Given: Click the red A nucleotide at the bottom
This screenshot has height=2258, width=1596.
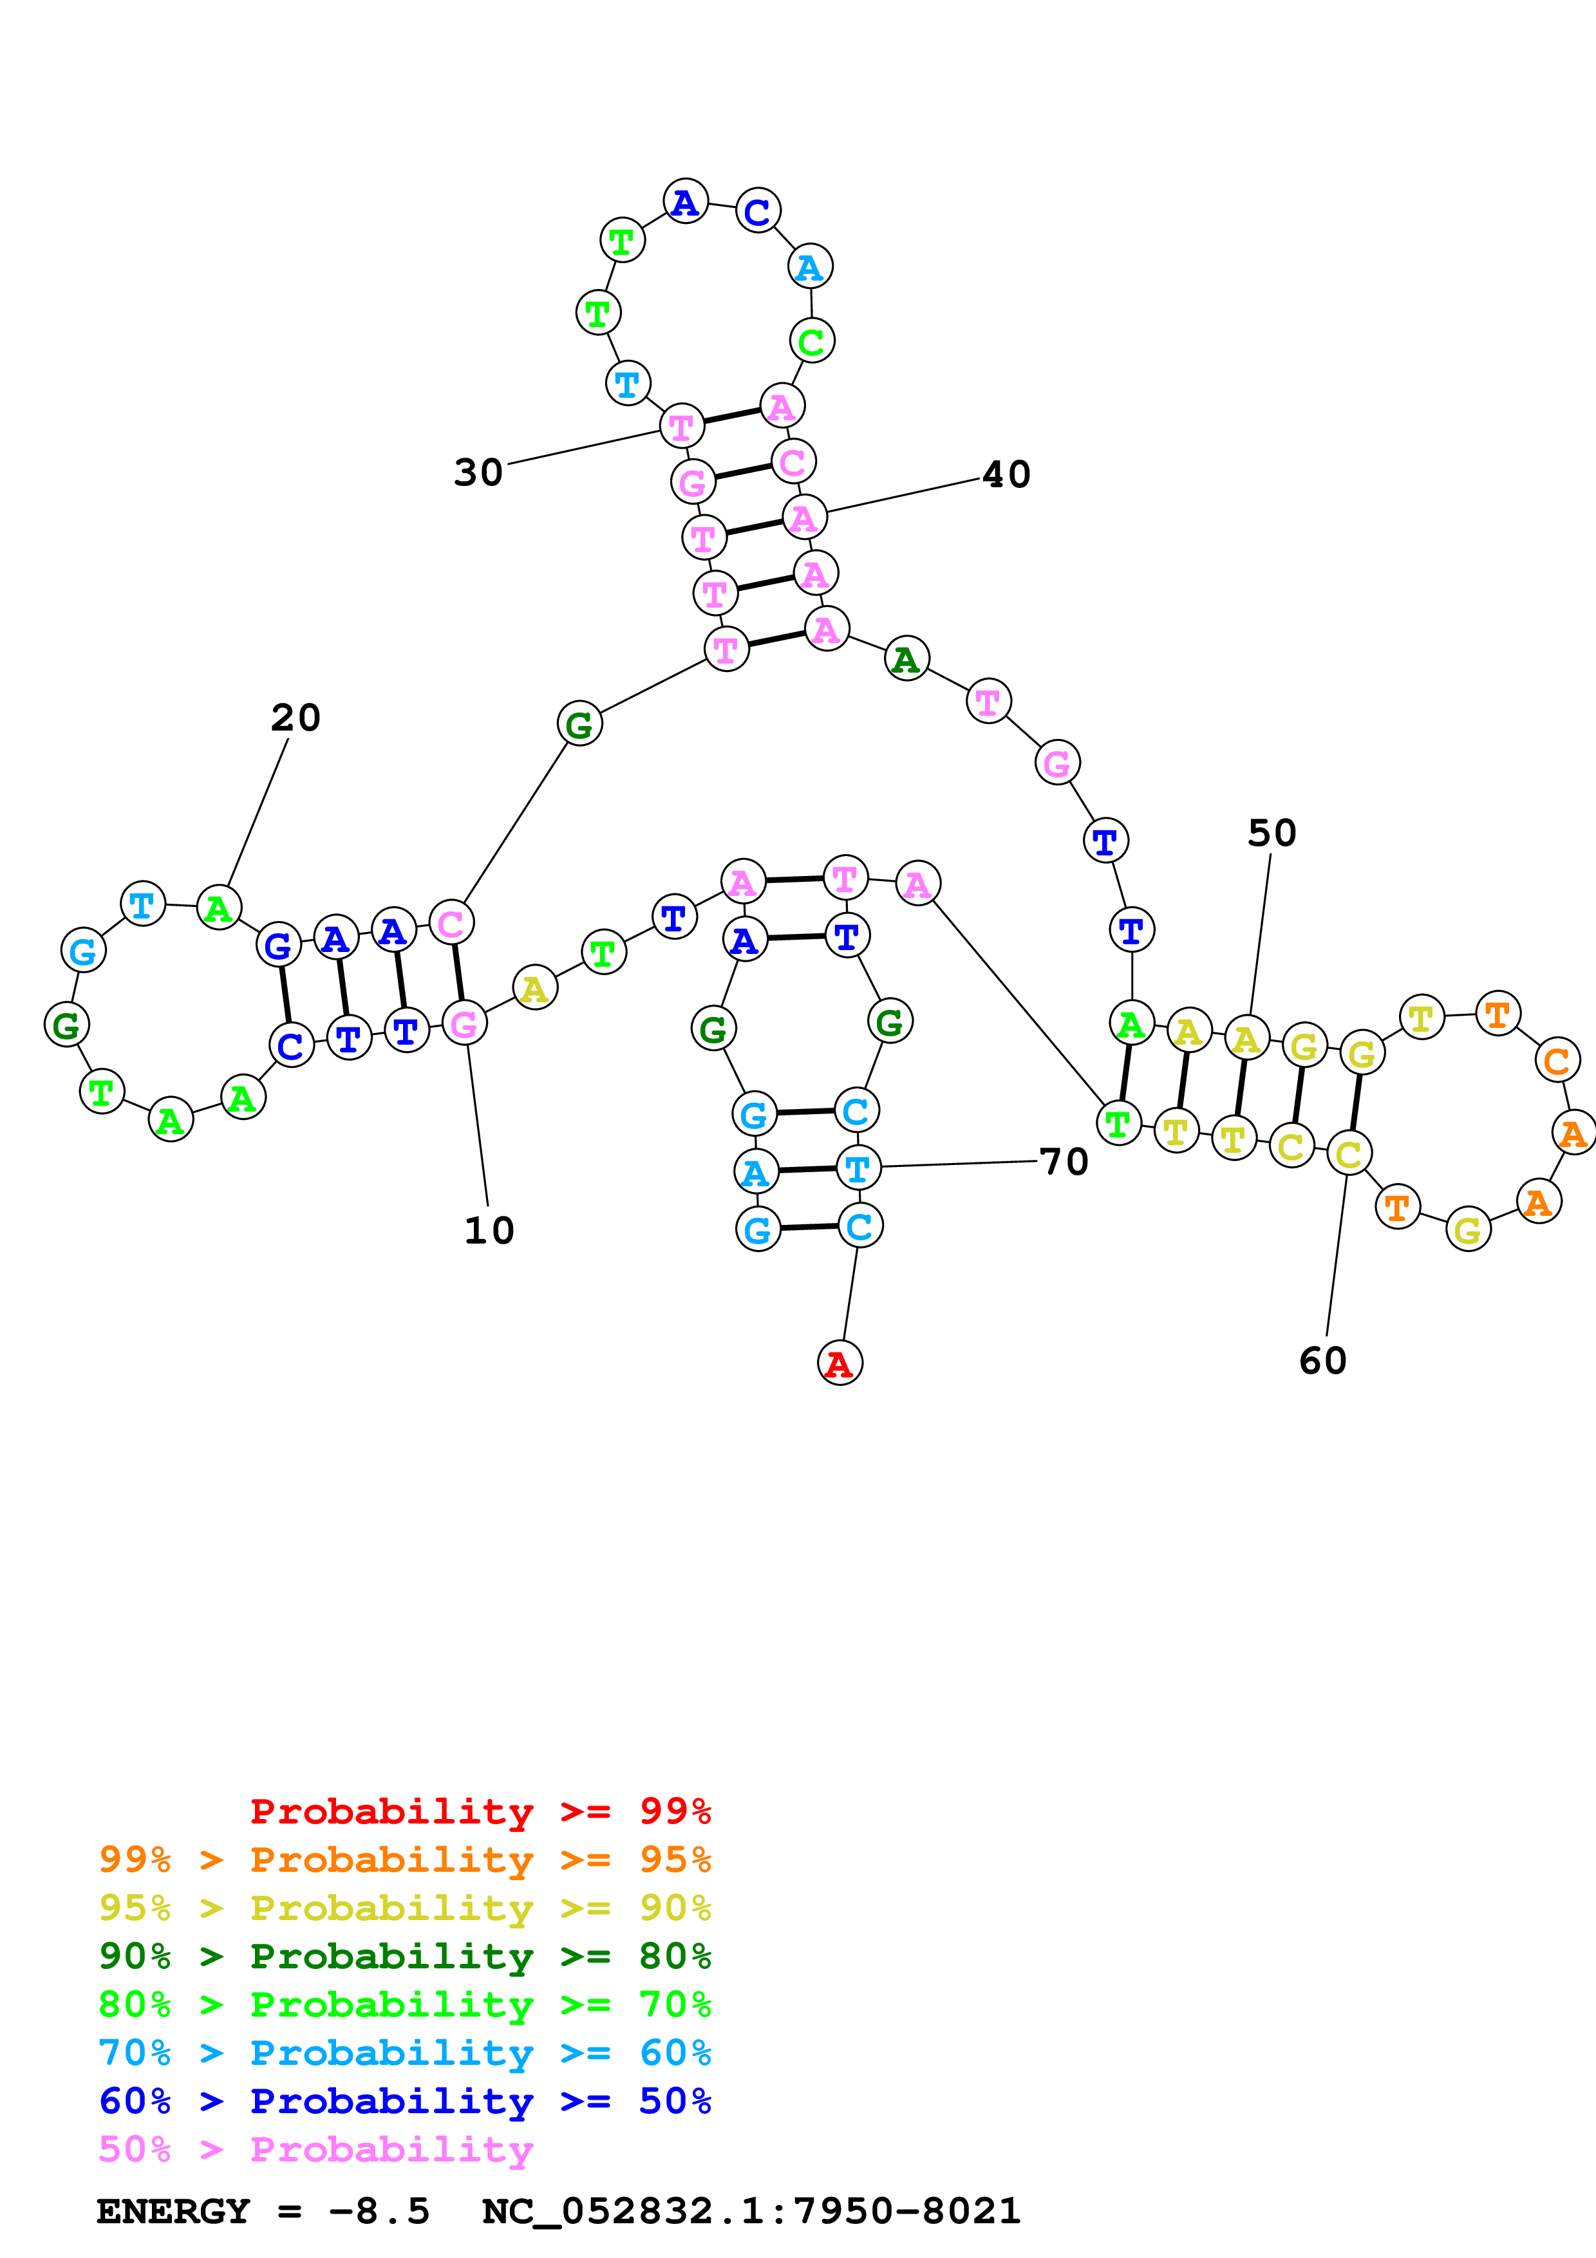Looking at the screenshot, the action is (x=839, y=1363).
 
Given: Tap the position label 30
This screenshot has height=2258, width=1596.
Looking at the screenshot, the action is (x=478, y=473).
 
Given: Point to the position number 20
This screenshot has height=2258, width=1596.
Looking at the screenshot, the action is (x=295, y=718).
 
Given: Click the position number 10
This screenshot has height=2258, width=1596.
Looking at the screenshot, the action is (x=489, y=1230).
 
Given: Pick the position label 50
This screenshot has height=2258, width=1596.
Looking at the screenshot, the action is (x=1272, y=833).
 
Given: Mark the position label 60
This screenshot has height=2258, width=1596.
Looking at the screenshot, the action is (x=1322, y=1361).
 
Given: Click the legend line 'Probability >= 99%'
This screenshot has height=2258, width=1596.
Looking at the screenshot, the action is (x=480, y=1811).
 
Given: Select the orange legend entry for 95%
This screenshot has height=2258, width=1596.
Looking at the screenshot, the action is (x=404, y=1860).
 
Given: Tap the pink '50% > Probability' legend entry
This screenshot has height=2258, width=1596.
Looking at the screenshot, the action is (x=315, y=2150).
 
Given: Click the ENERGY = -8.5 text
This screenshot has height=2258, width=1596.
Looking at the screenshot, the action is (x=263, y=2212).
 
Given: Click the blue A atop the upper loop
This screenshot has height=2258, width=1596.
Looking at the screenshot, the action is (x=686, y=201).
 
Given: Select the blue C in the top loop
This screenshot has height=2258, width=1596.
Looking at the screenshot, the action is (x=757, y=211).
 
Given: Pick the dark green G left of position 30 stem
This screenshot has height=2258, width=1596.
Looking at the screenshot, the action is (x=579, y=724).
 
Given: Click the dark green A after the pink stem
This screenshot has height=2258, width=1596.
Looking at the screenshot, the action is (x=906, y=659).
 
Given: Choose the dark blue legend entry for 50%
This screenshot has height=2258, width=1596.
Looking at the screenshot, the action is (x=404, y=2102).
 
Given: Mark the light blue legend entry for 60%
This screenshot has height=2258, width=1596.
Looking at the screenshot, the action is (x=404, y=2053).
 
